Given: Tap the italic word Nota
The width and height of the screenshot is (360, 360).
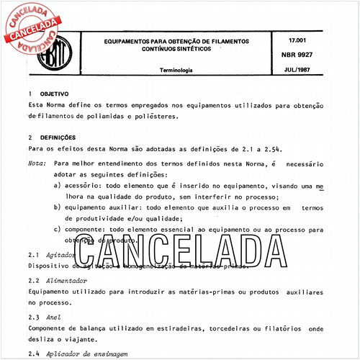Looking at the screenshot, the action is (x=36, y=163).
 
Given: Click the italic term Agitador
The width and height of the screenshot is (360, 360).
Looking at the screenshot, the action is (x=60, y=256).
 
